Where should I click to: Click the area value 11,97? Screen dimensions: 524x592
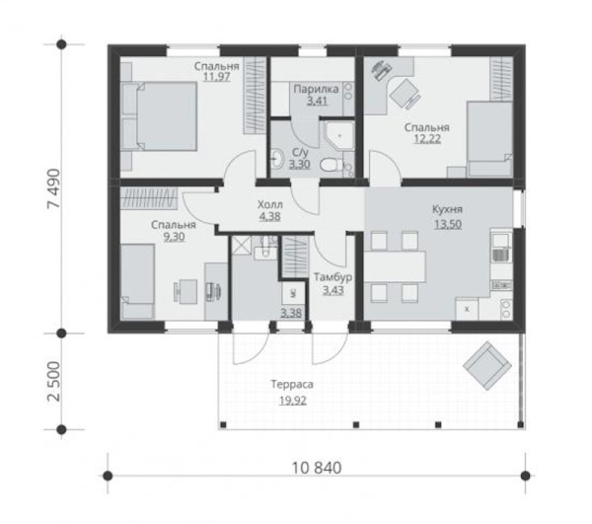pyautogui.click(x=216, y=76)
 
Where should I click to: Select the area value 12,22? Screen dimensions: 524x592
pyautogui.click(x=426, y=140)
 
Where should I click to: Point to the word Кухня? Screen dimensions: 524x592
pyautogui.click(x=448, y=209)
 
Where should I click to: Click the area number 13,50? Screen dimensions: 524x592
pyautogui.click(x=448, y=222)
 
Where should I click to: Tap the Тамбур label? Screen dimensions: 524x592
pyautogui.click(x=333, y=278)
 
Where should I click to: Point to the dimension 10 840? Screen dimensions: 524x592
pyautogui.click(x=315, y=468)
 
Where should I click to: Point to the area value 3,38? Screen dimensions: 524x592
pyautogui.click(x=292, y=314)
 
